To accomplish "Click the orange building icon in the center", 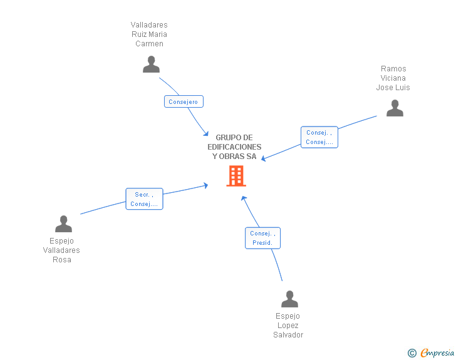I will click(x=236, y=176).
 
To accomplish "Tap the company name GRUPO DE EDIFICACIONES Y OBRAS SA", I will click(x=234, y=147).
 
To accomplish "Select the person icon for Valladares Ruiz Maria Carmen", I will click(x=151, y=64).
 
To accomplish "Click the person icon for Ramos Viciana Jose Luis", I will click(x=395, y=108).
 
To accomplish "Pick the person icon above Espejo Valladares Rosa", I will click(x=63, y=224).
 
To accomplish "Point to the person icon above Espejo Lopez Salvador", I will click(x=289, y=299).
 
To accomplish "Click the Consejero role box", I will click(x=184, y=101).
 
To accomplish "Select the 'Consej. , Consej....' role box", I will click(x=319, y=137).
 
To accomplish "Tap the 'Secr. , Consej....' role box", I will click(x=144, y=199).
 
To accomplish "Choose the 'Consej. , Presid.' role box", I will click(x=262, y=238).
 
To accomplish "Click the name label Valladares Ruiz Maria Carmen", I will click(x=149, y=34).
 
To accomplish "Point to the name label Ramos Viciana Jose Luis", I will click(x=393, y=78).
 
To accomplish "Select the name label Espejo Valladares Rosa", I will click(x=61, y=250).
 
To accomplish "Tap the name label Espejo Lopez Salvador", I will click(x=288, y=326).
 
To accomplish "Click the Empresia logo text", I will click(x=437, y=353).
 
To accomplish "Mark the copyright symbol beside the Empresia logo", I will click(x=412, y=353).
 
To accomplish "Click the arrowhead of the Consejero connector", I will click(x=206, y=133).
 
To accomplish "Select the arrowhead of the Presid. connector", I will click(x=244, y=198).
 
